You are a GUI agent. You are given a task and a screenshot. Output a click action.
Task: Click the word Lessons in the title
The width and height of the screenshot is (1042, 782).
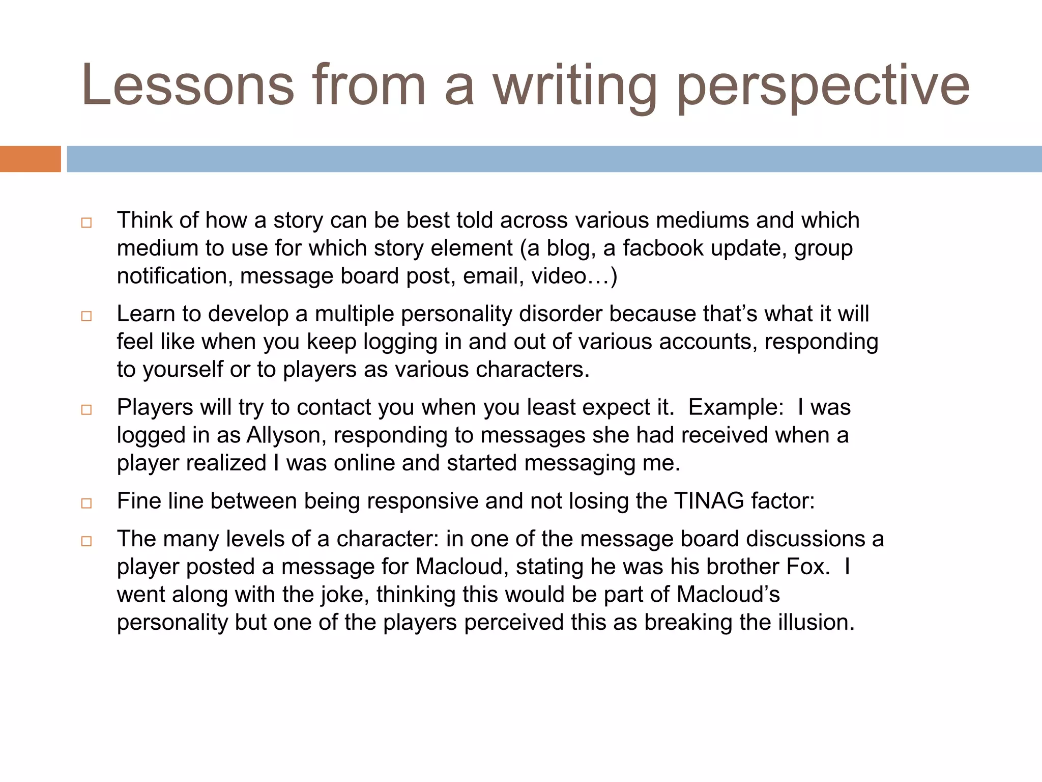[x=188, y=85]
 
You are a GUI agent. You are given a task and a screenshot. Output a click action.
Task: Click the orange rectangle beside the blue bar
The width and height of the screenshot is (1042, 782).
[x=30, y=159]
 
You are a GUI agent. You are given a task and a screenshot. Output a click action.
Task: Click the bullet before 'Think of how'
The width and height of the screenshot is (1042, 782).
[x=86, y=222]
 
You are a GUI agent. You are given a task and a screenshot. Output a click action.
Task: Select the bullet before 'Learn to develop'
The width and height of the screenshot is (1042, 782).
[x=86, y=316]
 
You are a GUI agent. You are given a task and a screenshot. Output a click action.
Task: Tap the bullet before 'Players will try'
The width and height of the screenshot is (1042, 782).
[x=86, y=410]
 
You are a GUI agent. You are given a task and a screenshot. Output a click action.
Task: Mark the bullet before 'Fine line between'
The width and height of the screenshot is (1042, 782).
[x=86, y=504]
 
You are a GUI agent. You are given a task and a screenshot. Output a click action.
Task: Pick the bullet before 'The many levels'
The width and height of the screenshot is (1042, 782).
[x=86, y=541]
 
